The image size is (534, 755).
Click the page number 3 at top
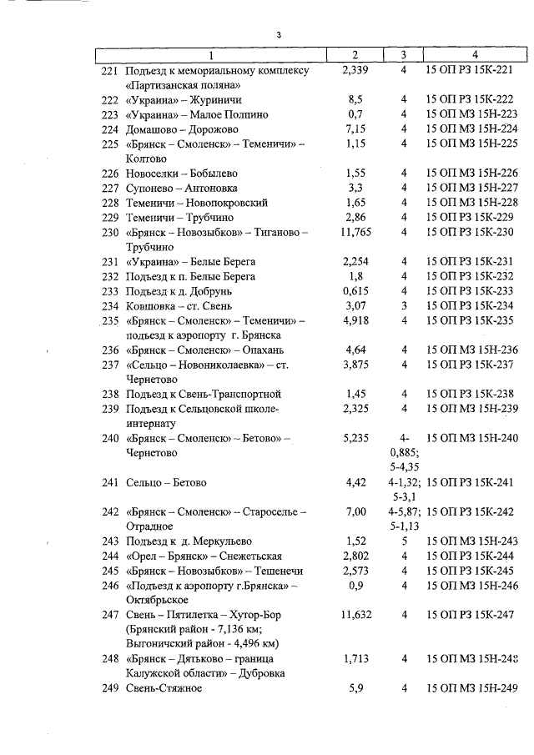(280, 35)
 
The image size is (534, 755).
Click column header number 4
(475, 55)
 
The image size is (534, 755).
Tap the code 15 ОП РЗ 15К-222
(471, 99)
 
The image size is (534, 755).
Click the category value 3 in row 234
(403, 305)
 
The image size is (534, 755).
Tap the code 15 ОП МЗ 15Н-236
(471, 350)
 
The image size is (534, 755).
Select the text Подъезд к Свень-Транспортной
(203, 394)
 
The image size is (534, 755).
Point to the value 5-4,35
(403, 467)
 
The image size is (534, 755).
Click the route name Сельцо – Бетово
(167, 482)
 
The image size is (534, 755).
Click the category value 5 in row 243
(403, 541)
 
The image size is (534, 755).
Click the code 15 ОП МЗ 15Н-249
(471, 688)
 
